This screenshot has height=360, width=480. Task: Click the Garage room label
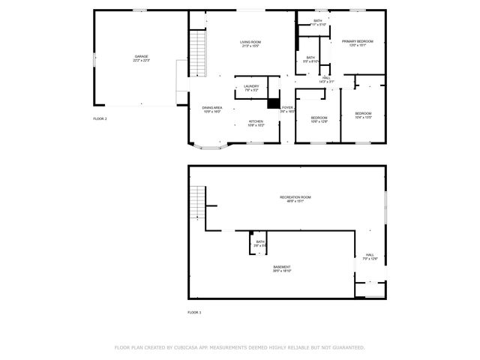pos(141,58)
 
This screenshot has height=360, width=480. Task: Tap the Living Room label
pos(250,43)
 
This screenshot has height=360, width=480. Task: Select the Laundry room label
pos(251,88)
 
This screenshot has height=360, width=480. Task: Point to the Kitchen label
pos(256,123)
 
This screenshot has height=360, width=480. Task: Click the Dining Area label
pos(212,109)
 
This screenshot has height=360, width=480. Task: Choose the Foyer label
pos(287,109)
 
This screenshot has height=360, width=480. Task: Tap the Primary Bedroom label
pos(358,43)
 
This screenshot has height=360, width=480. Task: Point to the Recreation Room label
pos(295,199)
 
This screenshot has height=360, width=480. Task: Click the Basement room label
pos(282,268)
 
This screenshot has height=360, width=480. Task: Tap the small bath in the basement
pos(259,243)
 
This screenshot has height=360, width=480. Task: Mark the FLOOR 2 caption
pos(100,118)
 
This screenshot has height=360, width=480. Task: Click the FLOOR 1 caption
pos(194,311)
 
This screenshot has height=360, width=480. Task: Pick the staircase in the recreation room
pos(196,200)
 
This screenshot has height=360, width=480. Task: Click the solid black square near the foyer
pos(273,104)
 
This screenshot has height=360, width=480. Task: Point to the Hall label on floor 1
pos(370,256)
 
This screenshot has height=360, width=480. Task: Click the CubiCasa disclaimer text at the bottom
pos(239,347)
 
